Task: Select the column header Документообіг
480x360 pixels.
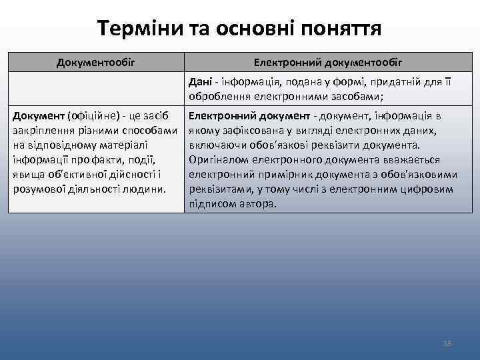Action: (x=96, y=63)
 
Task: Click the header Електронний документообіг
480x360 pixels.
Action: (x=328, y=63)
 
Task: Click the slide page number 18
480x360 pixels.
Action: (x=447, y=343)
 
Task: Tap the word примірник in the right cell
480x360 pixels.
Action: (x=269, y=174)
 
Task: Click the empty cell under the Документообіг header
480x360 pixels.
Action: (x=96, y=89)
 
